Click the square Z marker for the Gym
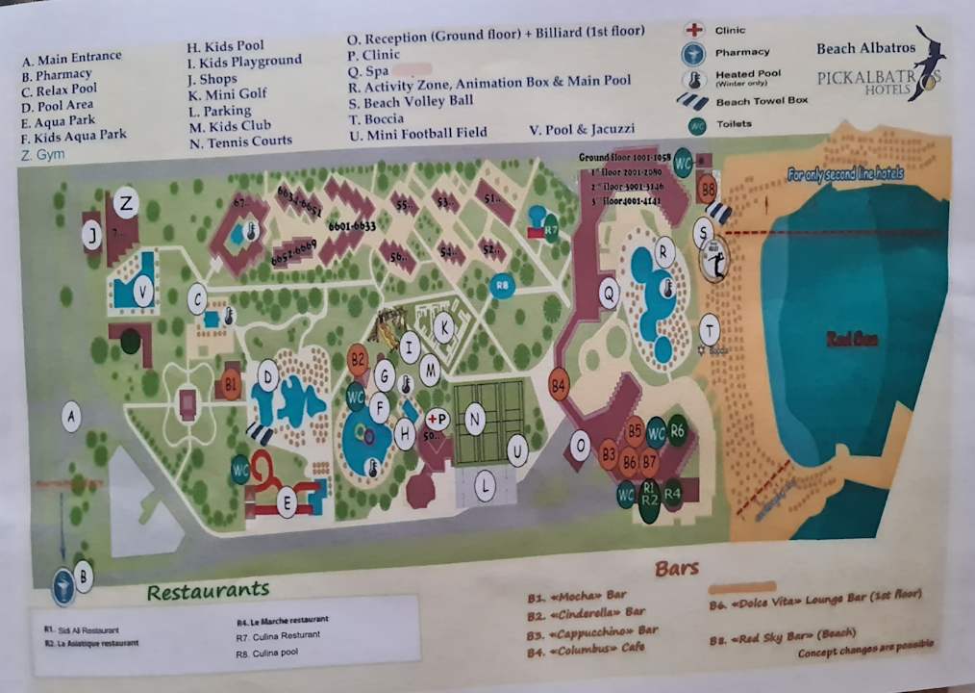pyautogui.click(x=126, y=203)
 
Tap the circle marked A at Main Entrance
pyautogui.click(x=70, y=416)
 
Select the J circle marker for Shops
pyautogui.click(x=91, y=235)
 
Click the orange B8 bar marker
pyautogui.click(x=708, y=188)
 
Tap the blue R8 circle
pyautogui.click(x=500, y=286)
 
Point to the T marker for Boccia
pyautogui.click(x=709, y=328)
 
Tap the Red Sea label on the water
pyautogui.click(x=852, y=339)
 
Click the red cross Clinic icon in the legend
pyautogui.click(x=693, y=31)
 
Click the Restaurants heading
pyautogui.click(x=208, y=590)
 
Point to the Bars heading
pyautogui.click(x=677, y=568)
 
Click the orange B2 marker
pyautogui.click(x=358, y=360)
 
